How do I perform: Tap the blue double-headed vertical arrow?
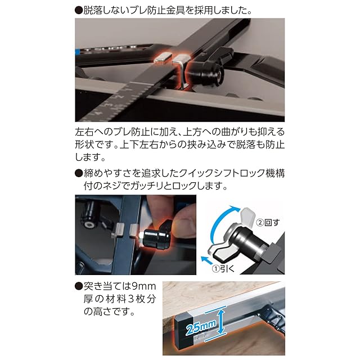click(x=220, y=321)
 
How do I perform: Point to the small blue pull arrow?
click(x=206, y=260)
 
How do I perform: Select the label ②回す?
click(x=268, y=223)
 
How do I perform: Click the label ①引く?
click(x=223, y=268)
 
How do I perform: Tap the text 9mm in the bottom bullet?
click(x=144, y=286)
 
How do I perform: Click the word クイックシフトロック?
click(x=222, y=173)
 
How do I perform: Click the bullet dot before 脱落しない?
click(x=79, y=11)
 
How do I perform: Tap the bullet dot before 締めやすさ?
click(x=79, y=173)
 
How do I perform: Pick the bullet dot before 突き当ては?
click(x=79, y=286)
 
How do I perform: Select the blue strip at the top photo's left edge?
click(x=76, y=52)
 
